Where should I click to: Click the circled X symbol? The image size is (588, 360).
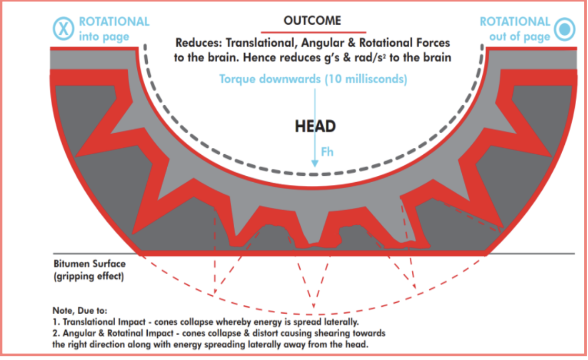click(x=63, y=28)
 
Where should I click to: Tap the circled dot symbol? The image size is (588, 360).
click(x=564, y=29)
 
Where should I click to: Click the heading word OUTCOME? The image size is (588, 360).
click(x=312, y=21)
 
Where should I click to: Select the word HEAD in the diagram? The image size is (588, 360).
click(x=316, y=126)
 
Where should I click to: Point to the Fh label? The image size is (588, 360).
click(x=327, y=152)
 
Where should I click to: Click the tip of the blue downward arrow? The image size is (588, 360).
click(x=315, y=167)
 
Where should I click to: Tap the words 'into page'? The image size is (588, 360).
click(x=104, y=37)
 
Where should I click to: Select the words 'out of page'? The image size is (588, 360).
click(x=520, y=37)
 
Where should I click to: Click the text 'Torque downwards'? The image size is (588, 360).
click(x=270, y=79)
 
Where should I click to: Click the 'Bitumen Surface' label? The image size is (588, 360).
click(x=89, y=264)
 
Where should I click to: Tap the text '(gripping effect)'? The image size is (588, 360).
click(x=89, y=276)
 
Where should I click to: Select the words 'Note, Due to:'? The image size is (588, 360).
click(x=80, y=311)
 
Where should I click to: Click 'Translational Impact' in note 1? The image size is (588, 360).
click(x=104, y=322)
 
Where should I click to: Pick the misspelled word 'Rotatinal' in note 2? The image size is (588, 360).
click(x=124, y=333)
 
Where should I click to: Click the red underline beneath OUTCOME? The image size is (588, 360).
click(x=313, y=32)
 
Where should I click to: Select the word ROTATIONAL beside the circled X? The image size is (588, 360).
click(x=114, y=22)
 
